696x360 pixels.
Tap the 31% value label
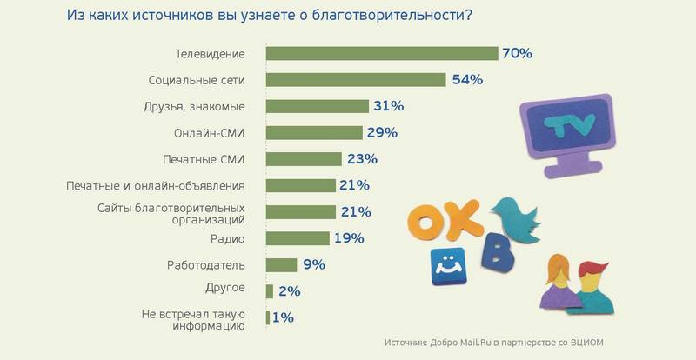coord(389,106)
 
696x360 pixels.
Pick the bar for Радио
coord(298,238)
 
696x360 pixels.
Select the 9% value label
coord(313,264)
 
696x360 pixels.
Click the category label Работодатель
coord(206,264)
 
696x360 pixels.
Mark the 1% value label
coord(282,317)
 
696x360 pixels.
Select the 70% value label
coord(516,53)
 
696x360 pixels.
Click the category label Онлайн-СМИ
coord(209,133)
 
